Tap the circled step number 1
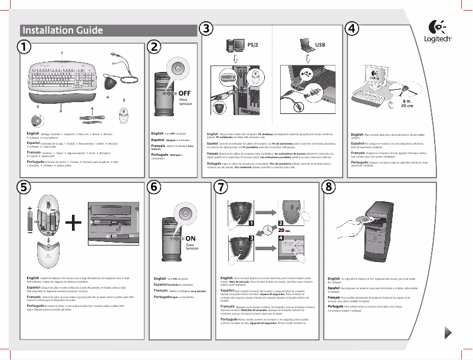click(23, 46)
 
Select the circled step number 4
click(352, 28)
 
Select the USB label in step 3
click(320, 44)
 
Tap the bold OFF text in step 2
click(185, 93)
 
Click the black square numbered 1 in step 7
click(251, 224)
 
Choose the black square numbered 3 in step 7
click(251, 237)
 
